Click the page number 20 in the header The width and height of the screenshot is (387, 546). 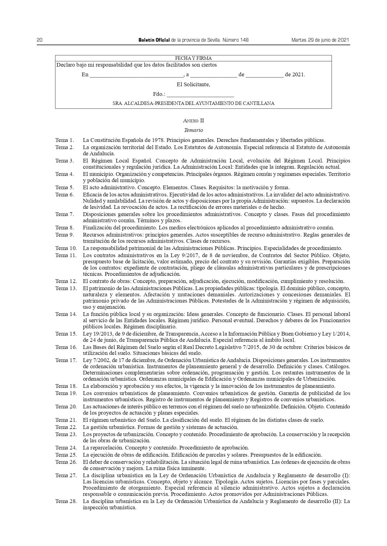tap(40, 40)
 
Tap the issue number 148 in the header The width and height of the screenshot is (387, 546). tap(244, 40)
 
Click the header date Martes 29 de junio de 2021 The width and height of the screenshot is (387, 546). tap(320, 40)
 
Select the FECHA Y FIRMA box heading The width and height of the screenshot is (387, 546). tap(193, 58)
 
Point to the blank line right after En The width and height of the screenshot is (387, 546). tap(136, 75)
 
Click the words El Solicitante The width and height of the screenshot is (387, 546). tap(193, 84)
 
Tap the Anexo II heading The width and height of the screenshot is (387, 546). tap(193, 121)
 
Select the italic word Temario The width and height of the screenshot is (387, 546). tap(193, 130)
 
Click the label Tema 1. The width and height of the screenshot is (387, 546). tap(65, 140)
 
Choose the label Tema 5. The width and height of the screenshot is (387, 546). tap(65, 187)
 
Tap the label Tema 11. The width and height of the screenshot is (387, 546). tap(66, 255)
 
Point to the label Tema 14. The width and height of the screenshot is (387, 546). tap(66, 314)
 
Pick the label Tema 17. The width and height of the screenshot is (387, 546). tap(66, 360)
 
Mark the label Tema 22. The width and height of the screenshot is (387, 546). tap(66, 427)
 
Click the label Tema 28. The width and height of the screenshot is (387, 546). tap(66, 501)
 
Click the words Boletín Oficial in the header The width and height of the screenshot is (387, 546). tap(154, 40)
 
